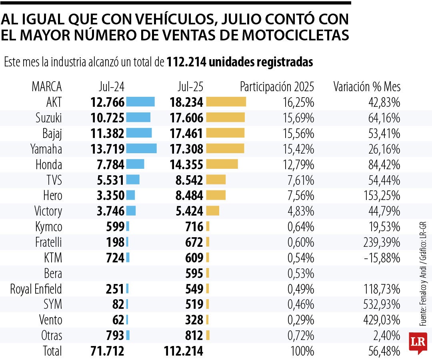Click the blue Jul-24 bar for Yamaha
click(141, 149)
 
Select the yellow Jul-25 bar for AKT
click(226, 102)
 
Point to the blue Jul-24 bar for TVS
click(133, 180)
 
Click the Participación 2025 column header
click(277, 86)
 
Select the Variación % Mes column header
click(367, 86)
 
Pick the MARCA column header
click(47, 86)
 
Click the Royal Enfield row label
click(36, 289)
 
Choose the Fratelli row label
click(48, 242)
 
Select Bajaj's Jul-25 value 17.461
click(186, 133)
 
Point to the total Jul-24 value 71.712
click(107, 351)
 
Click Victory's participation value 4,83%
click(301, 211)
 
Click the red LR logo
click(418, 342)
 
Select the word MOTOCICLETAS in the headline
click(296, 34)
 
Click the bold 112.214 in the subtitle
click(186, 62)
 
